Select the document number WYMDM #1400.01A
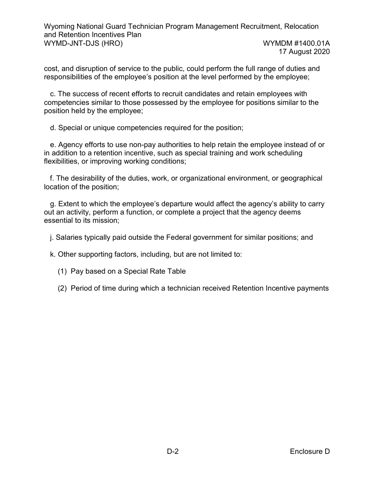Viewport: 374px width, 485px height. point(296,43)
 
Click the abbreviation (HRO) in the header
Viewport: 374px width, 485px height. point(112,43)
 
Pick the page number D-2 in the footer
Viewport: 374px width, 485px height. point(172,451)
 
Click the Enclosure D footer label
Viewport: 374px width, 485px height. point(309,451)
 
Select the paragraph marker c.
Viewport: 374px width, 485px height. point(52,94)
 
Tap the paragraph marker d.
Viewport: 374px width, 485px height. point(53,128)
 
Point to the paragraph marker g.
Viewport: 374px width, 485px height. point(53,204)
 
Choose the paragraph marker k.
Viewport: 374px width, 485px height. point(52,254)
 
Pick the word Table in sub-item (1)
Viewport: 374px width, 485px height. point(176,271)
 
